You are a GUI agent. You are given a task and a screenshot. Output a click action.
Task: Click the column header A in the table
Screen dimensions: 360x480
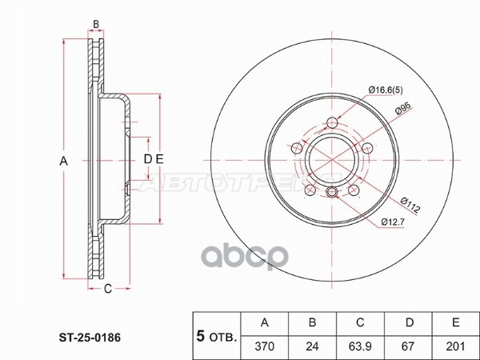265,322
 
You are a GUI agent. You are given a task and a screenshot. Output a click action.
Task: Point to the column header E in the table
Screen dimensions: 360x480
456,322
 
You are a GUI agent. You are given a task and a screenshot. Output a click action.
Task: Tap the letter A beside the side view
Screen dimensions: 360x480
64,161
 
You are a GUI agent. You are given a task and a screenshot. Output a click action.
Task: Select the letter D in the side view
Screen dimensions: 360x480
147,159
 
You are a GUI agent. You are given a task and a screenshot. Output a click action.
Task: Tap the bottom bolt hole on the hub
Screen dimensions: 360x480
331,190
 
